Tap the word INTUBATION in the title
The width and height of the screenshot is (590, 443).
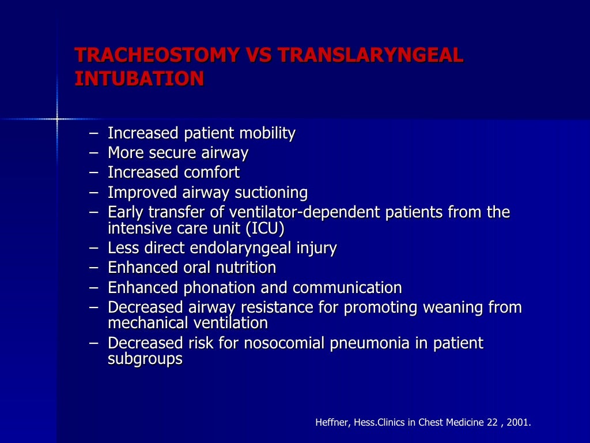[139, 78]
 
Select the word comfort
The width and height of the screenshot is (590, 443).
[211, 172]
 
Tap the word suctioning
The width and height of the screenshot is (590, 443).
[271, 192]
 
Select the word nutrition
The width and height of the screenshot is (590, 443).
[245, 268]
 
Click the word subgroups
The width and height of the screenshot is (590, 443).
[145, 359]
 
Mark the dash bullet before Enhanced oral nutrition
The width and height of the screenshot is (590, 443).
[94, 268]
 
